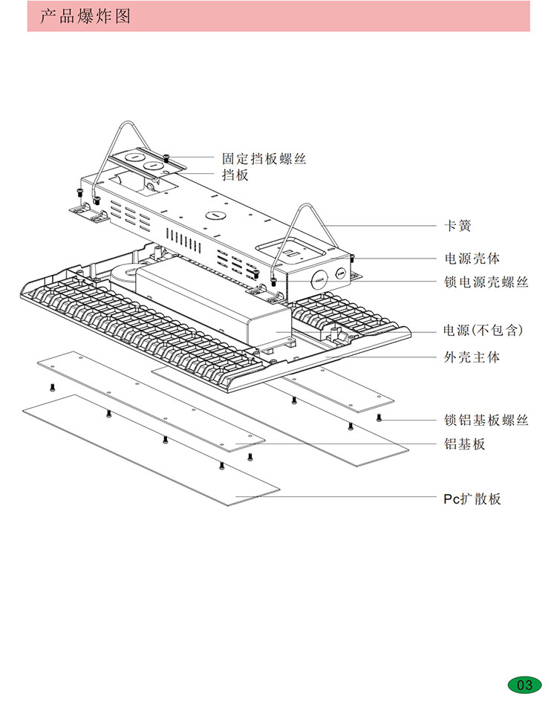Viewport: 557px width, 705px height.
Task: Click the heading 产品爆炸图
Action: (85, 16)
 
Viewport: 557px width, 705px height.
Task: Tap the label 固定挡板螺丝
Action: (264, 158)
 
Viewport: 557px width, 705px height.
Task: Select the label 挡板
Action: (235, 175)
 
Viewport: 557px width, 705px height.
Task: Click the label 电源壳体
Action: (472, 259)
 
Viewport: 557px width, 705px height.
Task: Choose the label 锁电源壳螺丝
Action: (486, 282)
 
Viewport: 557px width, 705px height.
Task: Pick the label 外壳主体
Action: (472, 357)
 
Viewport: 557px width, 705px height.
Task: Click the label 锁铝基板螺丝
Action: (486, 420)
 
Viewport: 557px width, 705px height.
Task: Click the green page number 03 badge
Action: (524, 684)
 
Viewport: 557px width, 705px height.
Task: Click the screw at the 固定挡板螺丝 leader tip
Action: (168, 157)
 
